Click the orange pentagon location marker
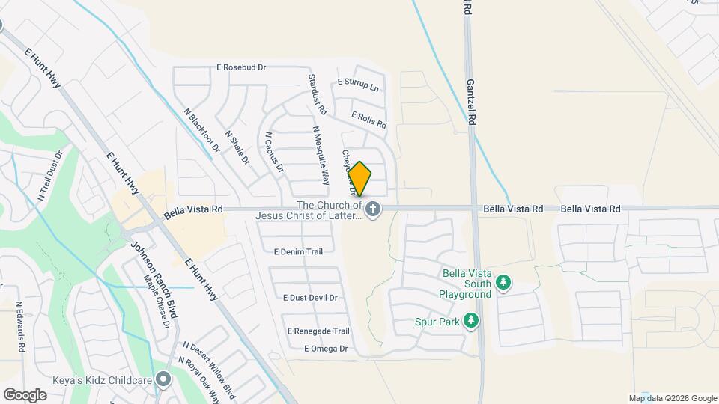(360, 180)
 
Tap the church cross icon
(373, 209)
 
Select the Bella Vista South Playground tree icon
(504, 282)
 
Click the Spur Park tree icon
(471, 322)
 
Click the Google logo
(25, 394)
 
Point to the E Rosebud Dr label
(241, 67)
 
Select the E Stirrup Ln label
(359, 85)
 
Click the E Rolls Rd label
(368, 118)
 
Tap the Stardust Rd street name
(318, 94)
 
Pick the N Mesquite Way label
(321, 155)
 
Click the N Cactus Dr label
(275, 152)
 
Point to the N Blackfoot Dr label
(201, 131)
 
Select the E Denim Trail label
(298, 251)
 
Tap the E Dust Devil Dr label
(310, 297)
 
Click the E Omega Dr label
(327, 349)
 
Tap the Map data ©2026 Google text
(672, 397)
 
